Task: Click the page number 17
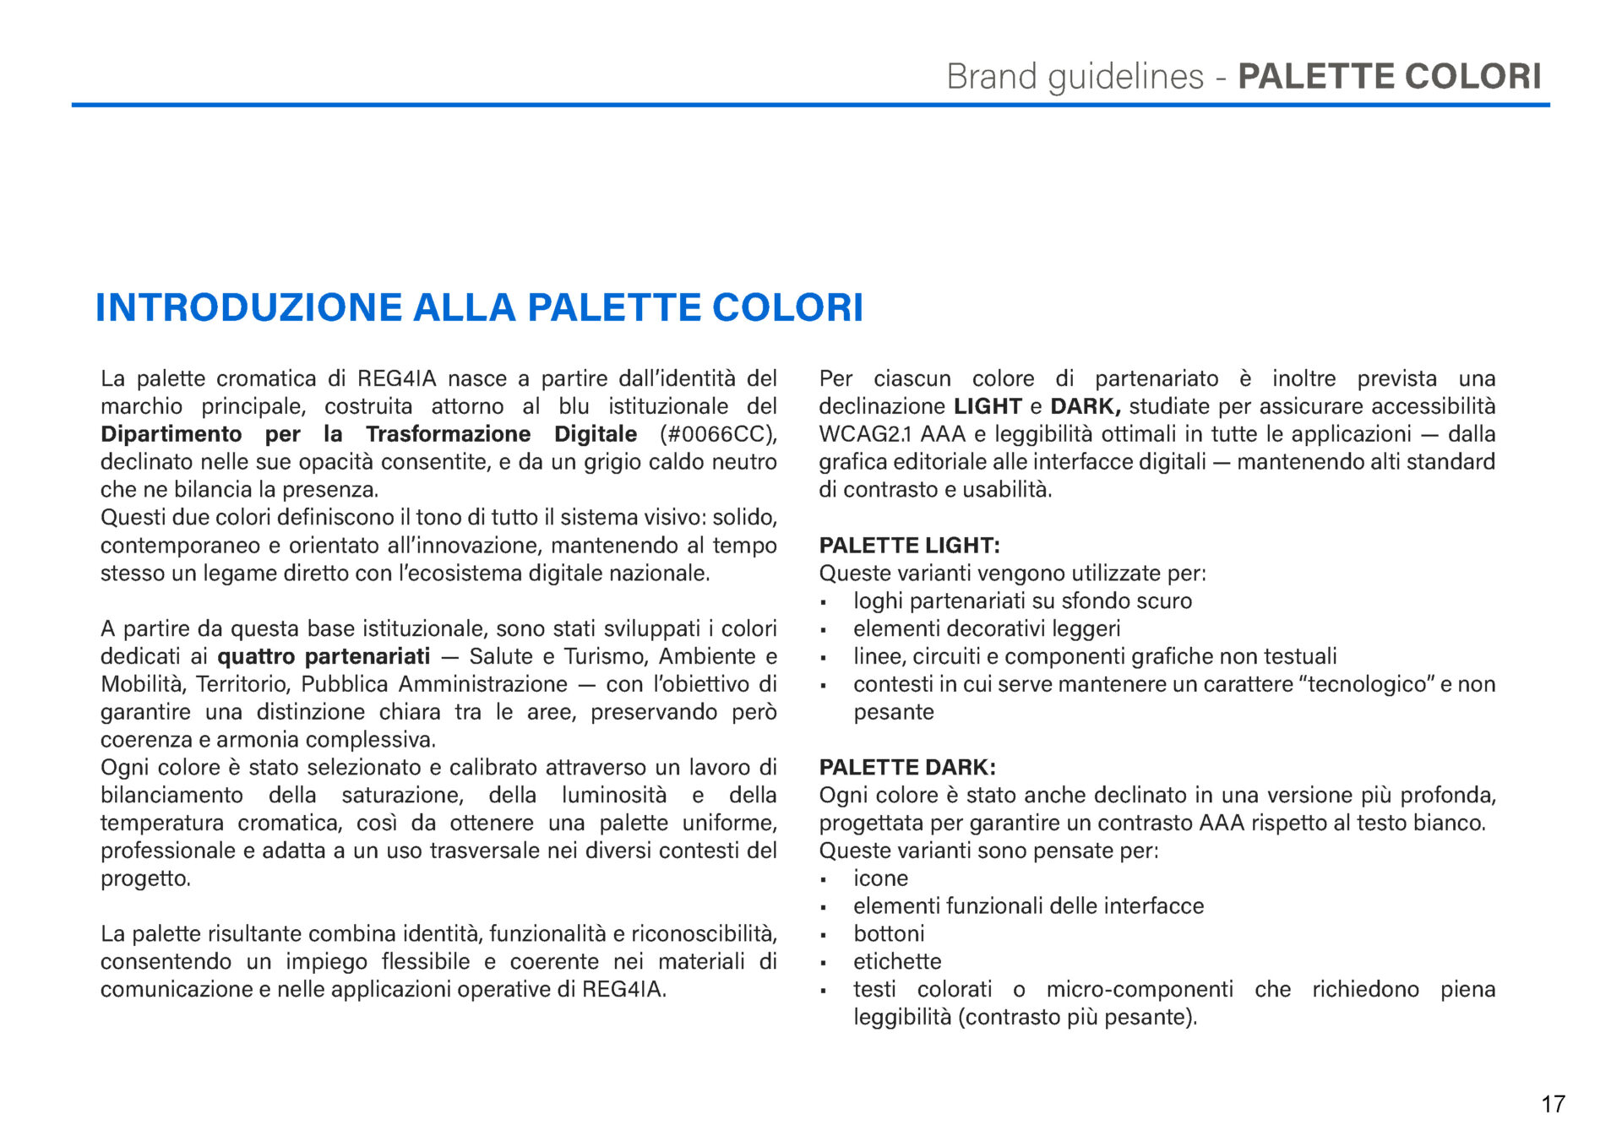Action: [x=1553, y=1104]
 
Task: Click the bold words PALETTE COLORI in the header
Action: [x=1389, y=77]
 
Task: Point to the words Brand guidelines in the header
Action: [x=1075, y=77]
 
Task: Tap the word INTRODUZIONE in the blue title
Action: [x=248, y=307]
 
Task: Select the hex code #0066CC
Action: [x=716, y=434]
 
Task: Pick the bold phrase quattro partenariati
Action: [x=324, y=656]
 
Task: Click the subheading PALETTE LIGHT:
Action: [x=909, y=546]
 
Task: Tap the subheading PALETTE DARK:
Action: [x=907, y=768]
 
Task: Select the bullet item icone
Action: [x=880, y=878]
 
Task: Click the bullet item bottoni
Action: [x=889, y=934]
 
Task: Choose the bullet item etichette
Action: [x=897, y=962]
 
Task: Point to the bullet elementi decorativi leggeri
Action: [x=987, y=629]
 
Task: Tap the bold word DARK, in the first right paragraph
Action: [x=1085, y=406]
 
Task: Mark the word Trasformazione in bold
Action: [x=448, y=434]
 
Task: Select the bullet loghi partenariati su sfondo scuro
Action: [x=1022, y=601]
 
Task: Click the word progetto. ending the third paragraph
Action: [x=145, y=878]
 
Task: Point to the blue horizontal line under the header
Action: [x=810, y=105]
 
